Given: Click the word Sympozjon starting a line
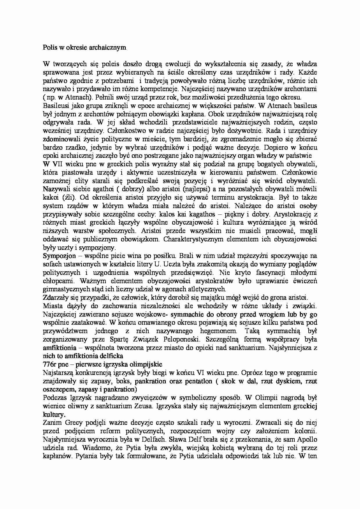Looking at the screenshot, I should (59, 256).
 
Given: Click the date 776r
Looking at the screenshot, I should (50, 364).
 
